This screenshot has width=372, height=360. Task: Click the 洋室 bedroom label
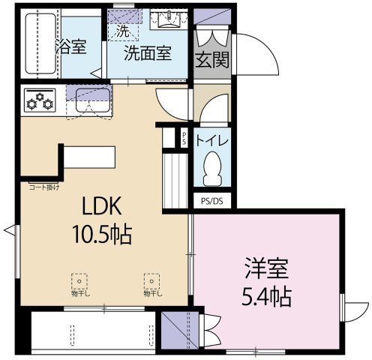(265, 266)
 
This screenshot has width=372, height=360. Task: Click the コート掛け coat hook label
(44, 186)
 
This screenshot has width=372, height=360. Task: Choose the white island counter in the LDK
(88, 157)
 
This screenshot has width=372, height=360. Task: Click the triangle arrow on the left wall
(8, 228)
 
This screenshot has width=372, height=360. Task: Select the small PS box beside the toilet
(184, 138)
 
